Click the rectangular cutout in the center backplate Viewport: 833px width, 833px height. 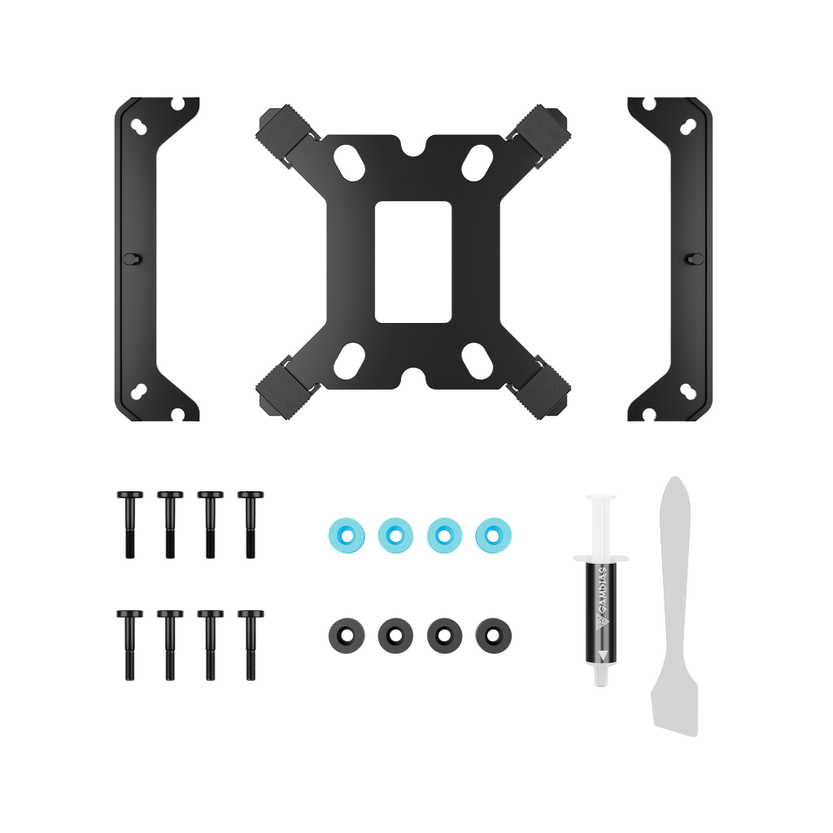413,261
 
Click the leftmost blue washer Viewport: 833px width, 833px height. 347,535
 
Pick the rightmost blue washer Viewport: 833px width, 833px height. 494,535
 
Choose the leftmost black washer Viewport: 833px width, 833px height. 347,635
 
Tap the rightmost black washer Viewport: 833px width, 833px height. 494,635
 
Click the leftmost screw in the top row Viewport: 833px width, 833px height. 130,525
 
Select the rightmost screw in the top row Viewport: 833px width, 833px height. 251,525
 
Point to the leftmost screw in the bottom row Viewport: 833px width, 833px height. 130,645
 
